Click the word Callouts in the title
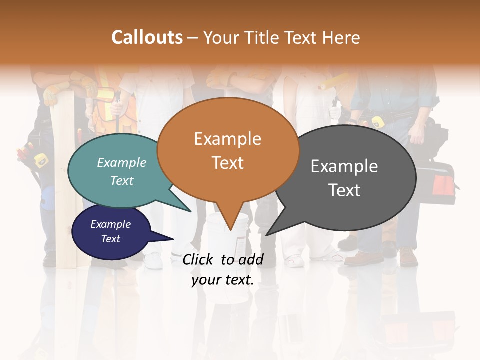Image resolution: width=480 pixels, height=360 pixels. (x=147, y=37)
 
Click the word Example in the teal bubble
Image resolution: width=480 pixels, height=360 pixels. (x=122, y=162)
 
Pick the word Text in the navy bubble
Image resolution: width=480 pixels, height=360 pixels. (x=110, y=239)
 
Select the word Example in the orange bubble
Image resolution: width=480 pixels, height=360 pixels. (x=227, y=139)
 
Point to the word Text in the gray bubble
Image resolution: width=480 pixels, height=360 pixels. (x=344, y=190)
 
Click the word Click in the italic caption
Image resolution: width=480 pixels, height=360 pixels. (x=199, y=259)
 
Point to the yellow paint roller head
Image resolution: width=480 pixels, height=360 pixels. (x=334, y=80)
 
